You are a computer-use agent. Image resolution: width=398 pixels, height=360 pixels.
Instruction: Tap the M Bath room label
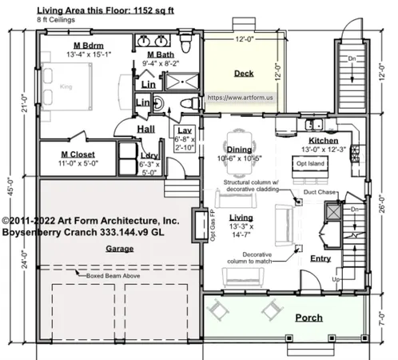pyautogui.click(x=157, y=53)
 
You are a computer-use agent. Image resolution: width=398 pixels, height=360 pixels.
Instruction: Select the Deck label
pyautogui.click(x=244, y=74)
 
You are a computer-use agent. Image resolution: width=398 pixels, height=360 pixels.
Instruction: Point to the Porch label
pyautogui.click(x=308, y=318)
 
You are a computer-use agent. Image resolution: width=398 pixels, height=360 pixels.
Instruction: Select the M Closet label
pyautogui.click(x=80, y=154)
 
